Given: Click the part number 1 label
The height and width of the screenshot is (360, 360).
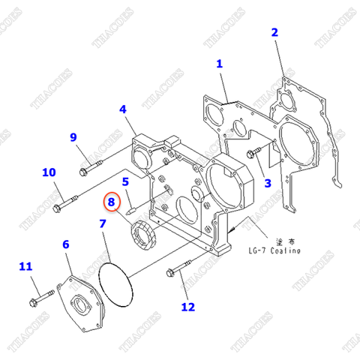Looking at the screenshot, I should coord(220,64).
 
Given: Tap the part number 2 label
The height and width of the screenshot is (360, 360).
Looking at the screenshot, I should coord(274,32).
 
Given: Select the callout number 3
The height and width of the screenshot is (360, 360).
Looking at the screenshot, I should coord(267,182).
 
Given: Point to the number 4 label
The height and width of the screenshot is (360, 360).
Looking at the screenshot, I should coord(122,109).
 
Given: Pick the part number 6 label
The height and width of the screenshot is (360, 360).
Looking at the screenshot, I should coord(66,244).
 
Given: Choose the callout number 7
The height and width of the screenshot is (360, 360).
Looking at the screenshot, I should coord(102,223).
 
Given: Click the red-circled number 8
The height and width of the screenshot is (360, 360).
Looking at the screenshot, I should coord(112,202).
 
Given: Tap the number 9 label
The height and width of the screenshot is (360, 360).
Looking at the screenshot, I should coord(73,136).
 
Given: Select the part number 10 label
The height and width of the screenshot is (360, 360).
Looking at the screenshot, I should coord(49,172).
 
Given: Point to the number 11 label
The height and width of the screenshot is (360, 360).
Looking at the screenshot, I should coord(26,266).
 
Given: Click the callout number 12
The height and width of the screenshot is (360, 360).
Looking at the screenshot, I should coord(187,306).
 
